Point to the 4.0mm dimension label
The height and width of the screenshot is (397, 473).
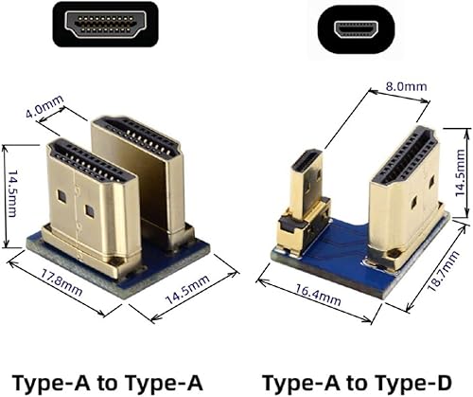pyautogui.click(x=45, y=111)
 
